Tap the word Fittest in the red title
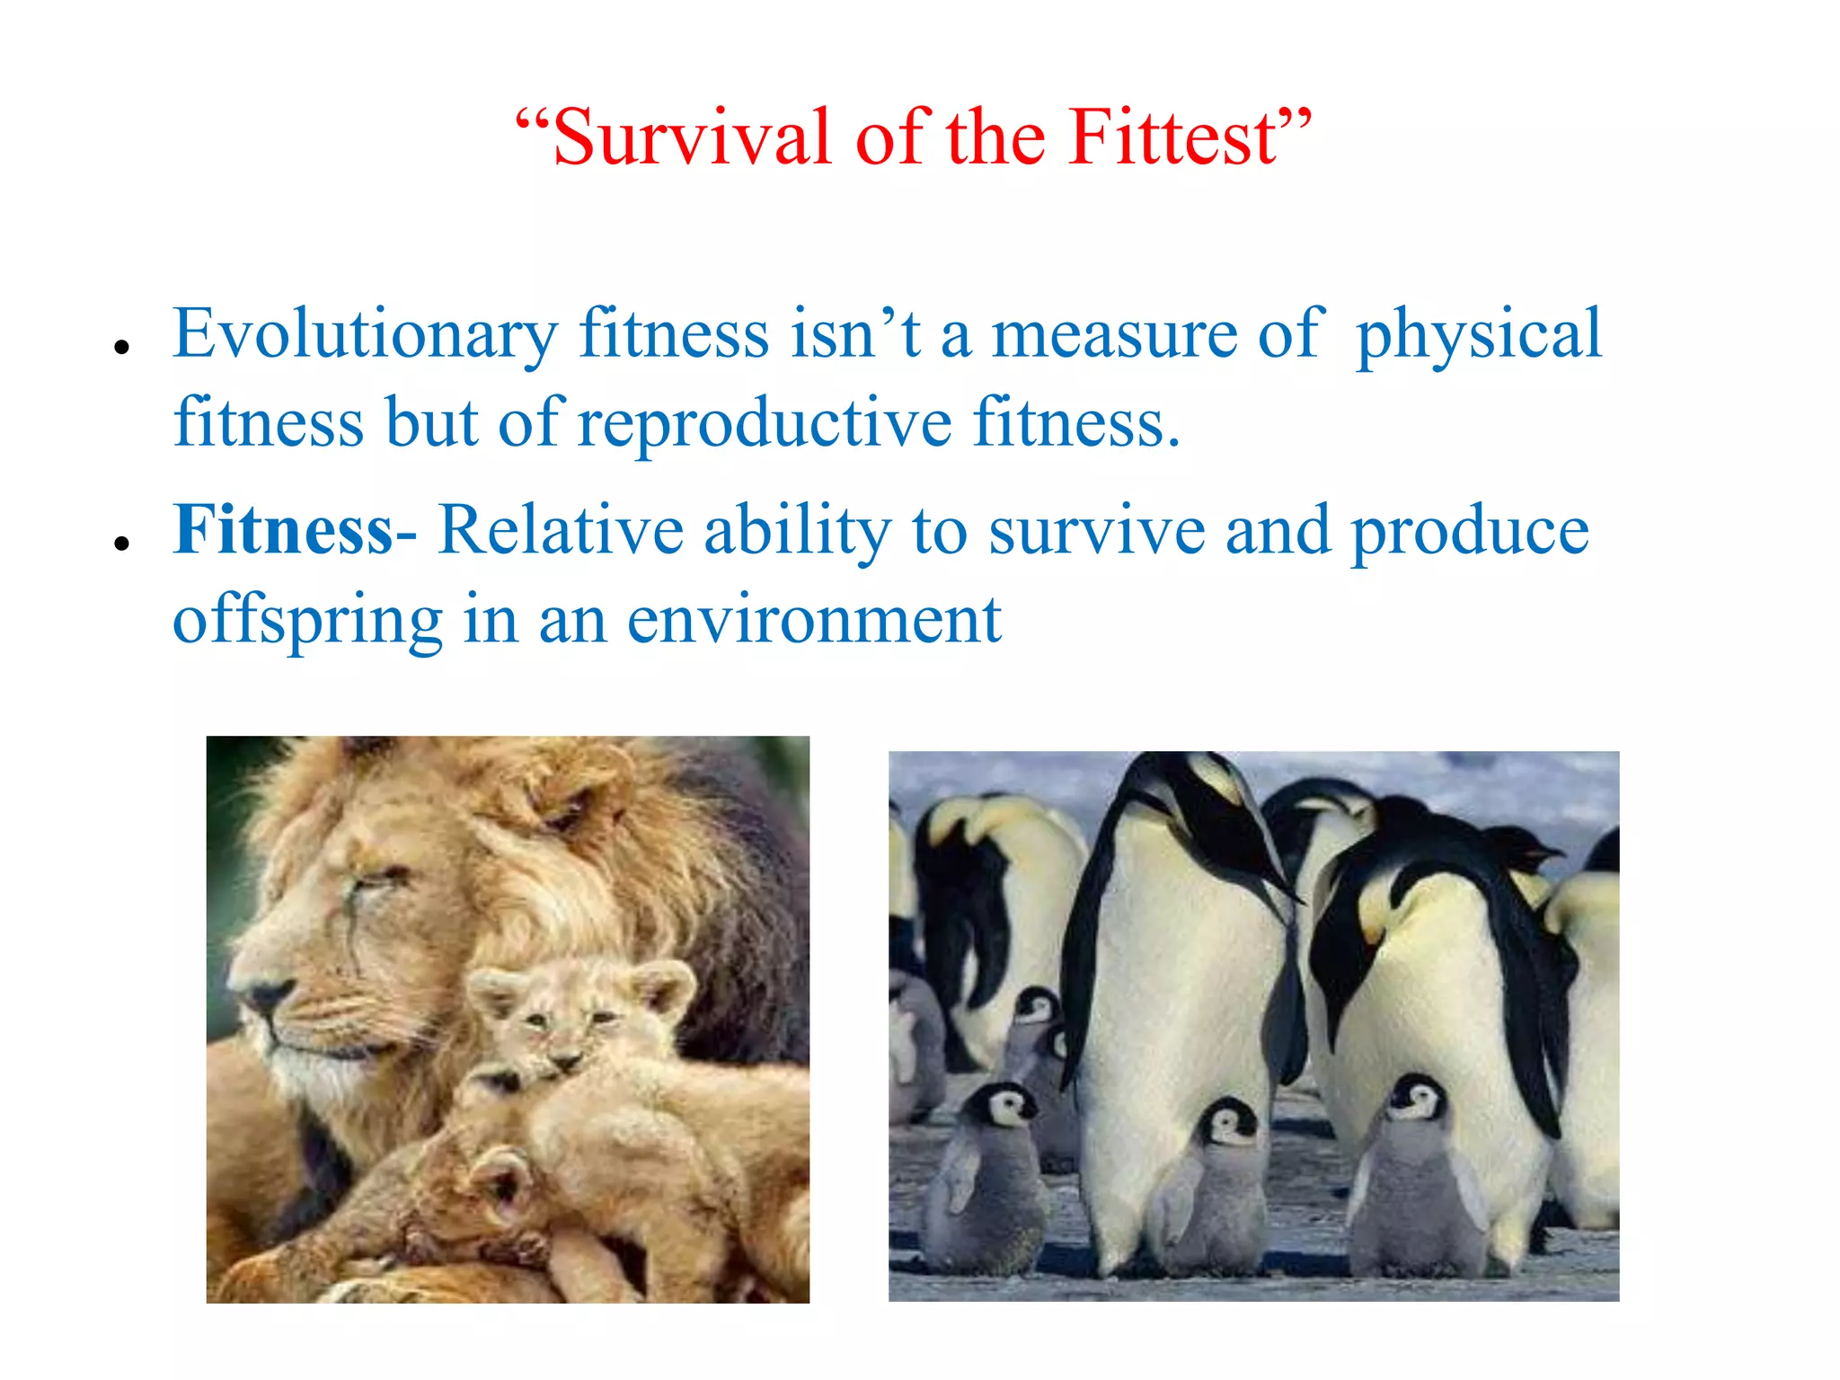click(x=1174, y=137)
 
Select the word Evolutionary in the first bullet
click(x=365, y=334)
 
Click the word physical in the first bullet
click(x=1478, y=334)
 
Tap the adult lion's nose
click(x=262, y=995)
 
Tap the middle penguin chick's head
click(x=1230, y=1122)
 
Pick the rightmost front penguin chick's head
click(x=1417, y=1100)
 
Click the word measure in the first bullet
click(x=1114, y=334)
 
